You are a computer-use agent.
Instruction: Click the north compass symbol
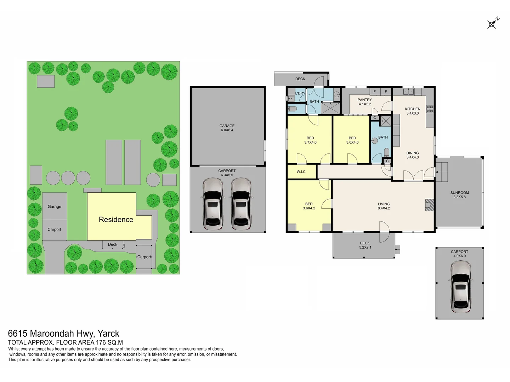(x=492, y=23)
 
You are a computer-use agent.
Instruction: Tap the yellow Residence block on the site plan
(x=116, y=219)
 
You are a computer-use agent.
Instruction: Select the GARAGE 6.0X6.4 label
(x=227, y=128)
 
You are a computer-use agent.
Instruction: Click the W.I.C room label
(x=301, y=172)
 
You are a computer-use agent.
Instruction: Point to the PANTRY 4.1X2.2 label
(x=364, y=102)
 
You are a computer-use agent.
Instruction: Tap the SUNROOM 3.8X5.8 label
(x=459, y=195)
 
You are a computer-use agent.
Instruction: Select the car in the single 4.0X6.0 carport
(x=459, y=287)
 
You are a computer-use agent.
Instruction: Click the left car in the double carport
(x=212, y=204)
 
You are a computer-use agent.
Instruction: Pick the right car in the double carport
(x=241, y=204)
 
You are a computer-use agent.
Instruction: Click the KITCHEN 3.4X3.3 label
(x=413, y=111)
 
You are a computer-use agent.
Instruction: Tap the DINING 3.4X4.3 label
(x=413, y=155)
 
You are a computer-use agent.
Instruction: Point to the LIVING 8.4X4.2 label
(x=384, y=206)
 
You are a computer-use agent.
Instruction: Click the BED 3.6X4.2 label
(x=309, y=206)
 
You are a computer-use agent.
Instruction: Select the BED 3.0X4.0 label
(x=352, y=140)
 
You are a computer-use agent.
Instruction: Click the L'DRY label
(x=300, y=93)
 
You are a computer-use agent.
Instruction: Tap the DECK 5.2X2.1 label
(x=365, y=245)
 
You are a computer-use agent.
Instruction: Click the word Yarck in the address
(x=108, y=334)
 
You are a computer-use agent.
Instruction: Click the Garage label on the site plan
(x=54, y=207)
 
